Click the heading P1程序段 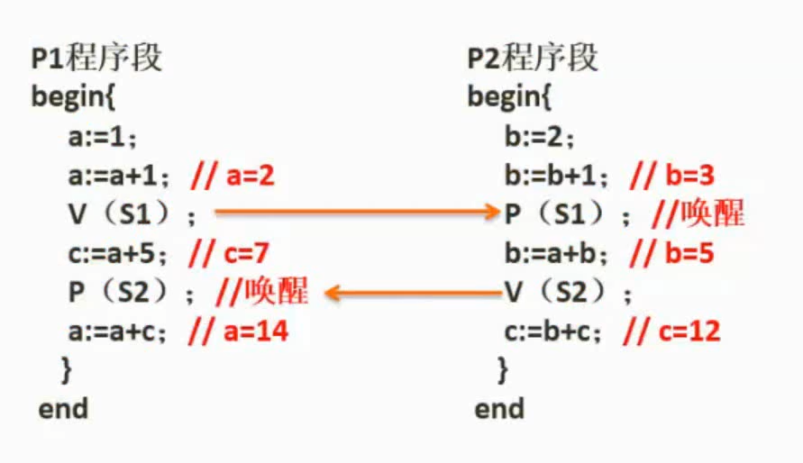coord(96,59)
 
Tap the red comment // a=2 coord(232,176)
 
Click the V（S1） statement coord(132,214)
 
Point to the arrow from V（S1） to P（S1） coord(356,213)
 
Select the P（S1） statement coord(568,214)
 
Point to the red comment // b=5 coord(671,253)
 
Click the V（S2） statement coord(568,293)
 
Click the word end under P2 coord(499,409)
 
